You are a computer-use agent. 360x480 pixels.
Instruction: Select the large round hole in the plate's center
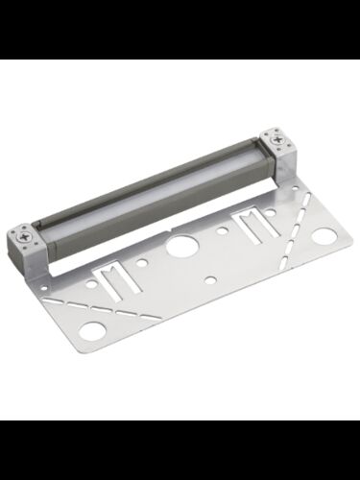(180, 245)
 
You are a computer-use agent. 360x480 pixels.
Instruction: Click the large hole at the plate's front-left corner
(92, 331)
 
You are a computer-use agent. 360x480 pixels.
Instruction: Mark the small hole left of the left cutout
(91, 284)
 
